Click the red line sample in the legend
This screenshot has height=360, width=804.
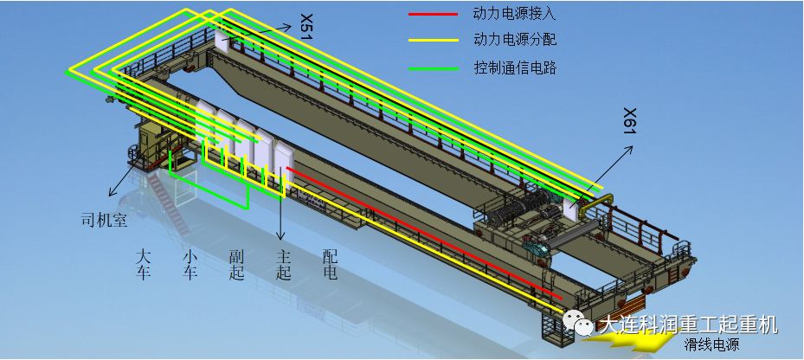433,14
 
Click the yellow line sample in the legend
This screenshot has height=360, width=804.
433,40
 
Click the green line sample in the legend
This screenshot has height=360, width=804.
433,67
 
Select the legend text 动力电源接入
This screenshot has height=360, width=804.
516,14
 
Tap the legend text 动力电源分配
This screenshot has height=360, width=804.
516,40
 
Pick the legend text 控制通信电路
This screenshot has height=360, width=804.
516,67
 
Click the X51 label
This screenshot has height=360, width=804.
306,25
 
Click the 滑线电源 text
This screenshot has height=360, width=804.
711,345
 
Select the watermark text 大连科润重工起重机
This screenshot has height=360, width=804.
687,325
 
